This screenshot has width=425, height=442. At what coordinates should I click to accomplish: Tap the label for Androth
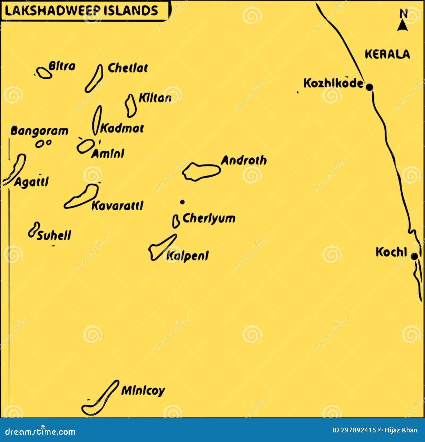pos(244,160)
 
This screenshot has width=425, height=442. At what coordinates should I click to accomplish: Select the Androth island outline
pos(201,172)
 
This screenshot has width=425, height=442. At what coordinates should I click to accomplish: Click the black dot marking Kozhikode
pos(369,87)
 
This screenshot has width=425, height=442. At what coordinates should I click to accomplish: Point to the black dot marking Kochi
pos(414,256)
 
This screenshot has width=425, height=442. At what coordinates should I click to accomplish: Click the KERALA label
pos(387,54)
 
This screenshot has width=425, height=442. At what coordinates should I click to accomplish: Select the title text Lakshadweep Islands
pos(81,11)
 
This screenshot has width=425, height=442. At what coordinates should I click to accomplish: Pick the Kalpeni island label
pos(188,256)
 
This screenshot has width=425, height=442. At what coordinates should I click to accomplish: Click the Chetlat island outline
pos(94,79)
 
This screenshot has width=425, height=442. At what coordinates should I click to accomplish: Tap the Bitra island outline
pos(44,73)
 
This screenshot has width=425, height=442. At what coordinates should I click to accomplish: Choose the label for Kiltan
pos(155,98)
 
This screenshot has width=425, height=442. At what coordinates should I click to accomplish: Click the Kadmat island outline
pos(97,120)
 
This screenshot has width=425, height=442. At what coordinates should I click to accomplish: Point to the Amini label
pos(108,154)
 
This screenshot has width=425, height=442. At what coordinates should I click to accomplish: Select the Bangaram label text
pos(39,131)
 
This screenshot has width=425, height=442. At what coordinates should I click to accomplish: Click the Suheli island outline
pos(34,230)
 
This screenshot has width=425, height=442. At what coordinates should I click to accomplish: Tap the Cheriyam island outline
pos(176,222)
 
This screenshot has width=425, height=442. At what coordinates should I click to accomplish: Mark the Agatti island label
pos(31,182)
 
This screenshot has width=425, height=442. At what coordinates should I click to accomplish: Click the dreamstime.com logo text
pos(40,432)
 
